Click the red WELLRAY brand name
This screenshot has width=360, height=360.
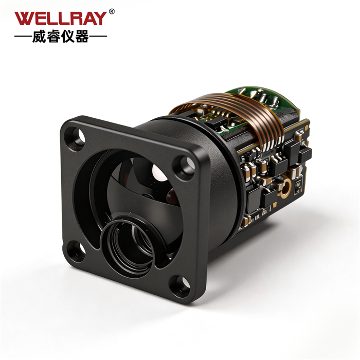61,19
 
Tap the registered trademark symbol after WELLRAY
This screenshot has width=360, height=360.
112,11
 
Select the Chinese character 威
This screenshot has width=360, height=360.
39,37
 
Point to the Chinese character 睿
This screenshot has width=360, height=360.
53,37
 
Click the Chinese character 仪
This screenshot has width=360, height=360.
68,37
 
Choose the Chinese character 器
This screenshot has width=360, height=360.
82,37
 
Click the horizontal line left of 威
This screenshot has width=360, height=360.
23,37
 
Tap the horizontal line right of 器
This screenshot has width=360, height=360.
98,37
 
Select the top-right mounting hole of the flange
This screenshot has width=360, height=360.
186,165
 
